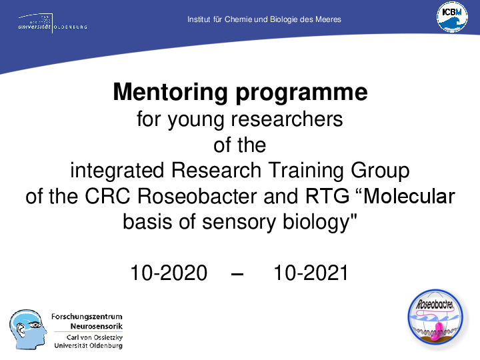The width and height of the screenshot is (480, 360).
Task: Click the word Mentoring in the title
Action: [170, 92]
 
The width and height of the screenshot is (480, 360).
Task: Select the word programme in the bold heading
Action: [301, 93]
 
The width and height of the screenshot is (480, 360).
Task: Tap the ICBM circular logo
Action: [452, 17]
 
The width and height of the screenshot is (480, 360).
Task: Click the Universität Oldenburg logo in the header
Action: [53, 23]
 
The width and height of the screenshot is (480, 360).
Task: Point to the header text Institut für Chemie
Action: [221, 19]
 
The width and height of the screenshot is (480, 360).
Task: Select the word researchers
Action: [287, 119]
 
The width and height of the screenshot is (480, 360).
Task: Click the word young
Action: [195, 121]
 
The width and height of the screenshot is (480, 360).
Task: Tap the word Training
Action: [306, 170]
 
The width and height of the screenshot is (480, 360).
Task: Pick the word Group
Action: [380, 171]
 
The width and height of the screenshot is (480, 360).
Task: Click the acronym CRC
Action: [107, 196]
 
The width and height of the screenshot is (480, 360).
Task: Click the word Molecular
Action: [406, 196]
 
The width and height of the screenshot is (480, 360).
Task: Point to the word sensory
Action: [239, 223]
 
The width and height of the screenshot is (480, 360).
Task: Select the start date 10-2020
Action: [169, 273]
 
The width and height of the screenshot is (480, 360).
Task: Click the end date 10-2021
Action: [311, 273]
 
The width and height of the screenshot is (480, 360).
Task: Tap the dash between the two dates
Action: [237, 273]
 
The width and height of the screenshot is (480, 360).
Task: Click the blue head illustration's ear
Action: [21, 330]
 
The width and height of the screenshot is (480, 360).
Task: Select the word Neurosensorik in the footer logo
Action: [97, 326]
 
